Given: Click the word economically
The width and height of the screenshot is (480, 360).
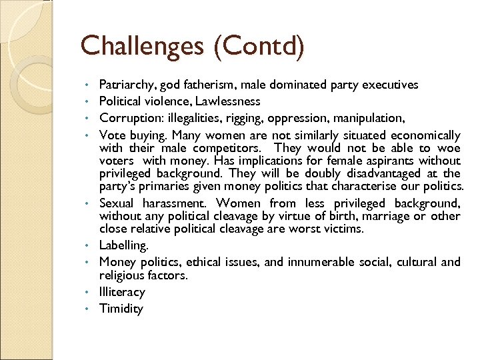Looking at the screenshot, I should (x=425, y=135).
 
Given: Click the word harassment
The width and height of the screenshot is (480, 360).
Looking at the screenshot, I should (x=174, y=203).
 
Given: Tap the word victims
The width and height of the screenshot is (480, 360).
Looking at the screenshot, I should (x=342, y=229).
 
